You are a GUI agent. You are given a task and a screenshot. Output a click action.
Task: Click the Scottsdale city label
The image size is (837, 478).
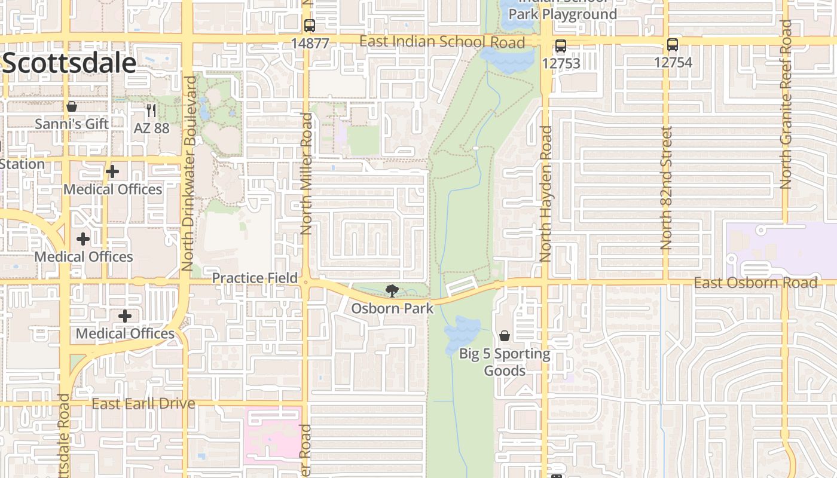(x=69, y=63)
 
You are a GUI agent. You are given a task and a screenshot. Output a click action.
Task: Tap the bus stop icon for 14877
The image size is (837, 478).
(x=309, y=26)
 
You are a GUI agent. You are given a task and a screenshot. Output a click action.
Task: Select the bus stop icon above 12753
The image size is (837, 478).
(x=560, y=45)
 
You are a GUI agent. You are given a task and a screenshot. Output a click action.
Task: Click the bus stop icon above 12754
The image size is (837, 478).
(x=673, y=45)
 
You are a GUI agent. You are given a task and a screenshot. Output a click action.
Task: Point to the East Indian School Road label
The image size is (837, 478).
(x=442, y=42)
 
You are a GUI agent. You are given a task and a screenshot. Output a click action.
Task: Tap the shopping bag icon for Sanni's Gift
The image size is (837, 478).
(x=72, y=107)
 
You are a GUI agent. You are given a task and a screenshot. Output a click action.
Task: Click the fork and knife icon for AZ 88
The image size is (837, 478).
(x=151, y=111)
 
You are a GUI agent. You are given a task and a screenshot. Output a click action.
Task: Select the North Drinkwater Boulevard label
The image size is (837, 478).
(x=190, y=174)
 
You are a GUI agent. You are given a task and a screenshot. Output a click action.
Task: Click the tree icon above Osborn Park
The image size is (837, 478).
(x=392, y=291)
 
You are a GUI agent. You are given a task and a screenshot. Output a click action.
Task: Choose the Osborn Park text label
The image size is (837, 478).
(x=392, y=308)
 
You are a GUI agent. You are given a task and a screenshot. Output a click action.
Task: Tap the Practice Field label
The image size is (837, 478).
(x=255, y=278)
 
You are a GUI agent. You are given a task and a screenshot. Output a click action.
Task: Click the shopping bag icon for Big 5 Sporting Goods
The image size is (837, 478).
(x=505, y=336)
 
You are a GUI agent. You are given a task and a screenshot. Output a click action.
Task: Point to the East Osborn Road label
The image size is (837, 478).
(x=755, y=283)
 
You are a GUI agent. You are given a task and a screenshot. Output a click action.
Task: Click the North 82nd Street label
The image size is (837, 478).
(x=667, y=188)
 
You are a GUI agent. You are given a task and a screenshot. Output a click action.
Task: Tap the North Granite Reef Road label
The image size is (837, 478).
(x=786, y=105)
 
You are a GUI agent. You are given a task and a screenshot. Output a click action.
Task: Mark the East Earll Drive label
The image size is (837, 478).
(x=143, y=404)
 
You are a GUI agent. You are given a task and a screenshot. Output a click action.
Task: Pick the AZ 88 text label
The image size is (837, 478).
(x=151, y=128)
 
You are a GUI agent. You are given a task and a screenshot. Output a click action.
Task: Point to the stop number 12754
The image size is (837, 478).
(x=673, y=62)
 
